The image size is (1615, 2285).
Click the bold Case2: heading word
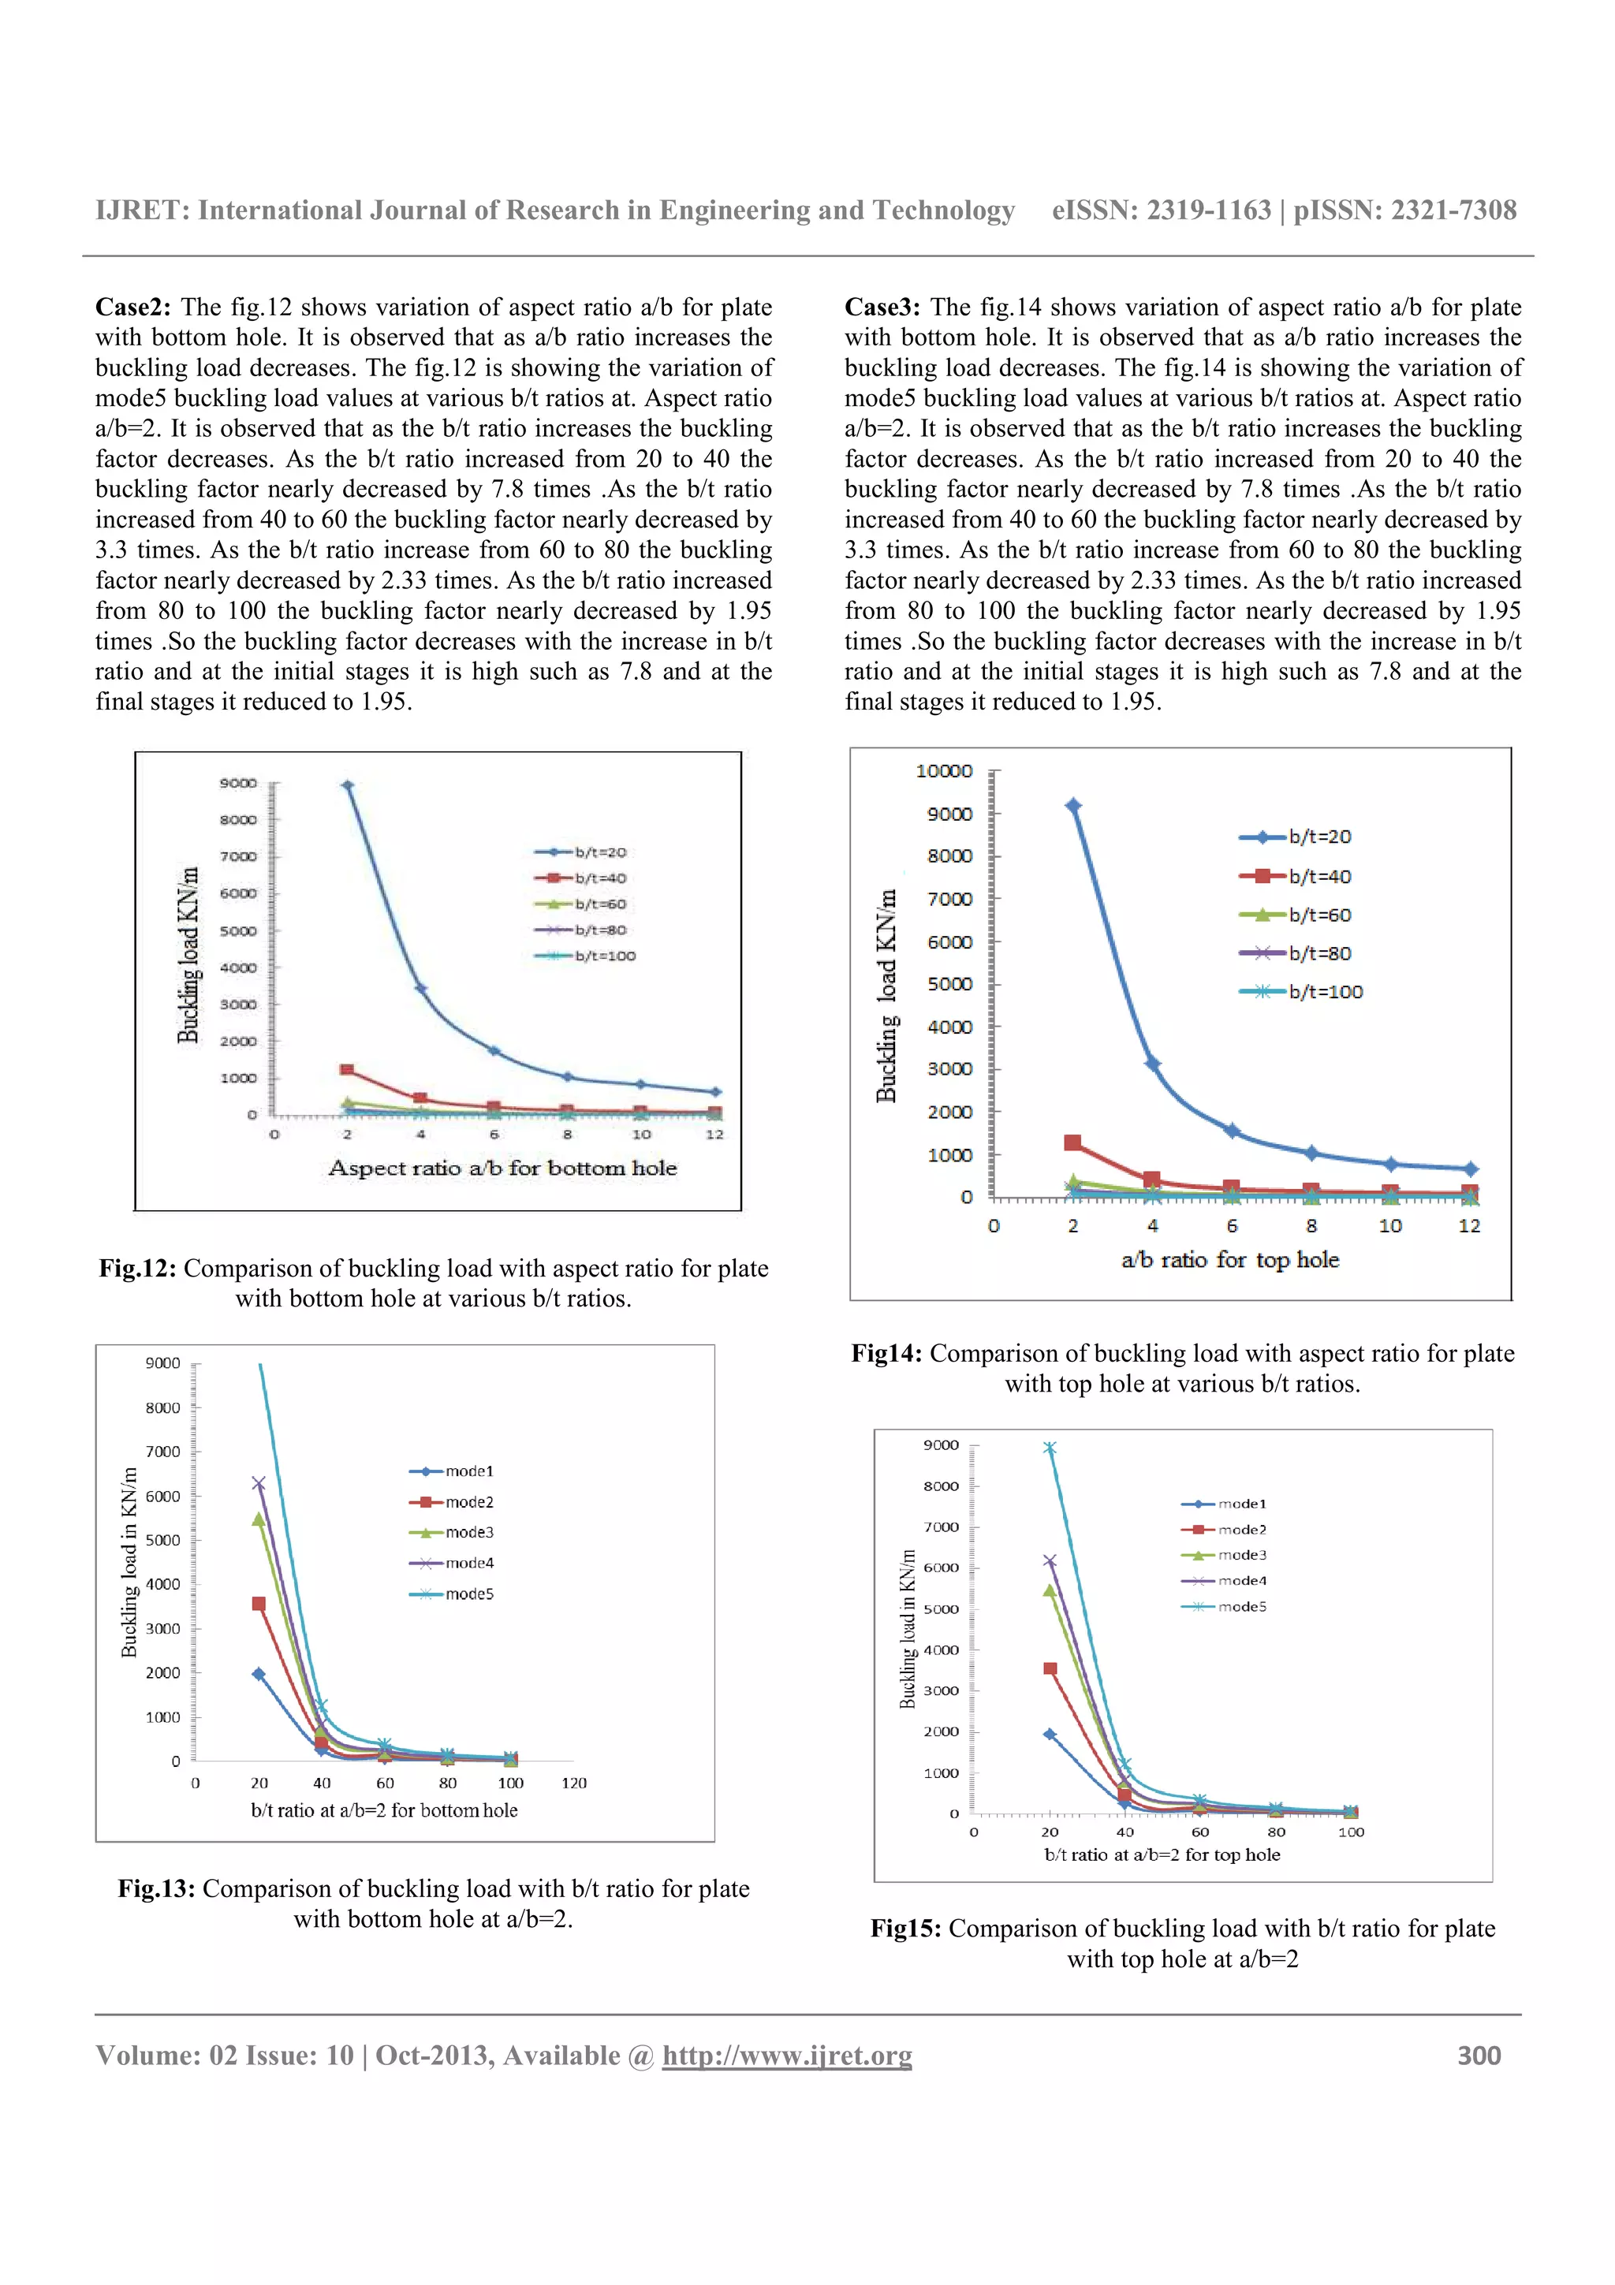(x=133, y=308)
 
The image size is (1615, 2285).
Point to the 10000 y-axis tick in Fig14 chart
(x=943, y=771)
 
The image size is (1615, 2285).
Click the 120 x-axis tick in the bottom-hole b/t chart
(x=574, y=1783)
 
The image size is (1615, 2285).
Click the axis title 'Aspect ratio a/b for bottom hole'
(x=502, y=1169)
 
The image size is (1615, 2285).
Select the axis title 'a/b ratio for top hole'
(x=1230, y=1260)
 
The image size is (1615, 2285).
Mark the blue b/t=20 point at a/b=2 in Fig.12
(x=347, y=786)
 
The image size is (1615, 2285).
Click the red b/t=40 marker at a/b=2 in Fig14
(x=1072, y=1143)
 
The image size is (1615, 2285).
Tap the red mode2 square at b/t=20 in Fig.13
(x=259, y=1603)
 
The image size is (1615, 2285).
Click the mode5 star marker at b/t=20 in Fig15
(x=1050, y=1449)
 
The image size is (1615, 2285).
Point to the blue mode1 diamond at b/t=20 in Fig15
(x=1050, y=1734)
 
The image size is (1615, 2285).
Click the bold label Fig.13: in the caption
(x=156, y=1889)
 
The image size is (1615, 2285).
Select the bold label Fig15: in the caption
(x=905, y=1929)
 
